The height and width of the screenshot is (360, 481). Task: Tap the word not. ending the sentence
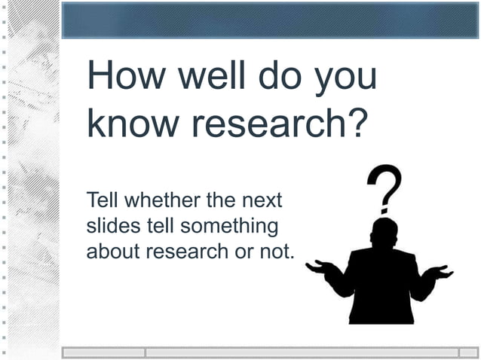pos(275,251)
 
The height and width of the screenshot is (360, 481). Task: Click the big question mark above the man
pos(384,188)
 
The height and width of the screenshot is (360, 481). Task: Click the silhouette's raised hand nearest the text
pos(319,266)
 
